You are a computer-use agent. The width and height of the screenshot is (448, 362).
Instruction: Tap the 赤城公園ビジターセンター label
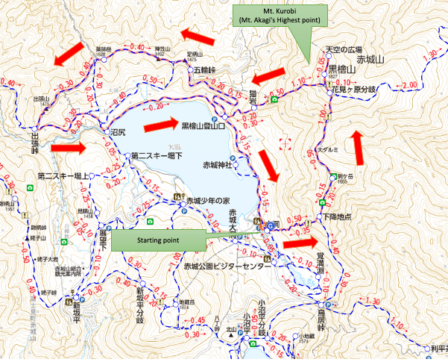(228, 266)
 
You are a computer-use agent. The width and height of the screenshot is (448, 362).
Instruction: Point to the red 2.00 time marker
(409, 86)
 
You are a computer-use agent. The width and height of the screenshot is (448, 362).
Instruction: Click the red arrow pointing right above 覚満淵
(303, 243)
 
